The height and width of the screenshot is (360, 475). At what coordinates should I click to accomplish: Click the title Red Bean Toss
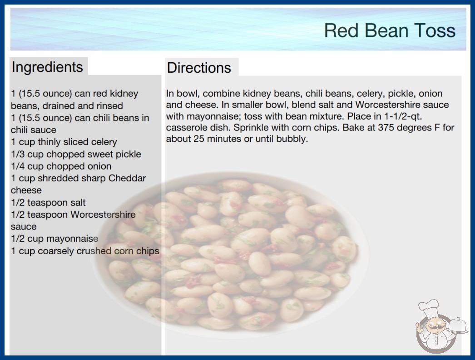point(390,30)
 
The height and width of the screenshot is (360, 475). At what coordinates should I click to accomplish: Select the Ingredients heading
point(47,67)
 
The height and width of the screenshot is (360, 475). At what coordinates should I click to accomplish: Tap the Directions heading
point(199,68)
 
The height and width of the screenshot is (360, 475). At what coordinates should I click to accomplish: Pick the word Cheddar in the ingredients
point(127,178)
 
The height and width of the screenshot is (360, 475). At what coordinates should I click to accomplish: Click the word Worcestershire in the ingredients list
point(103,215)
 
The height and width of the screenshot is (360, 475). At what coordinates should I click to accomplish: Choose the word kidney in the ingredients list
point(124,94)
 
